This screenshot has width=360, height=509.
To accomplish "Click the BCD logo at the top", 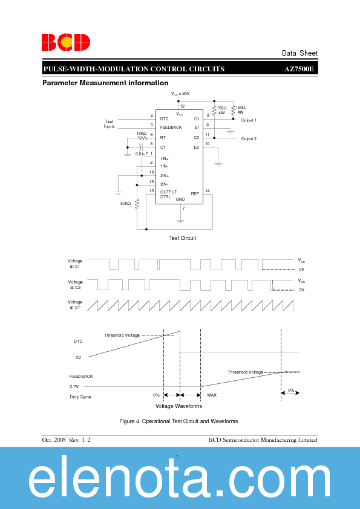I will pos(66,42).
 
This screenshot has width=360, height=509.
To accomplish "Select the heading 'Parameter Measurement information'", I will pos(105,83).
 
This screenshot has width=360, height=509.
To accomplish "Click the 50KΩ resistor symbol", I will pos(137,204).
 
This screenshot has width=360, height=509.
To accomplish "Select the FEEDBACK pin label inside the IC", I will pos(171,128).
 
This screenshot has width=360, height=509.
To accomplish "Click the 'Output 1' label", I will pos(249,120).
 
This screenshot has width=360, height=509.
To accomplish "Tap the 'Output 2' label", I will pos(249,139).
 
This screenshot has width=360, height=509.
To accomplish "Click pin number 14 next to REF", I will pos(208,191).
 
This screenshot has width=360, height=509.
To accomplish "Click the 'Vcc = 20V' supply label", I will pos(180,94).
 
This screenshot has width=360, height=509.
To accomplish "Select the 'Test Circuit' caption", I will pos(182,238).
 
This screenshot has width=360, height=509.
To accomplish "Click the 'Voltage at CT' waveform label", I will pos(75,305).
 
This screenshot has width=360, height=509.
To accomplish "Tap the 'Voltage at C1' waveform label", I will pos(75,264).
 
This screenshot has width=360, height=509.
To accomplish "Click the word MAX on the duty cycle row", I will pos(212,395).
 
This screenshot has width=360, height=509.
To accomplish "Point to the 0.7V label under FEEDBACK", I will pos(74,386).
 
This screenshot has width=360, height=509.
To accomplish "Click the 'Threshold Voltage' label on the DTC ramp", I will pos(122,336).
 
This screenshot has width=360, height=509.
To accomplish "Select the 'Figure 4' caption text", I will pos(178,421).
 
